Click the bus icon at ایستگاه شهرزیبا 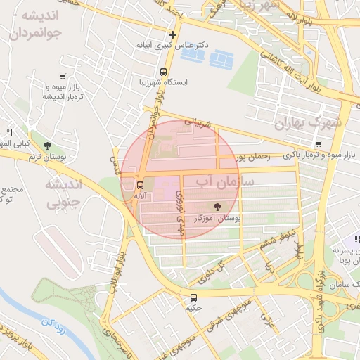[164, 72]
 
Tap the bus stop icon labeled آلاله [139, 185]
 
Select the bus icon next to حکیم [194, 297]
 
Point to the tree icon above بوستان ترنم [47, 146]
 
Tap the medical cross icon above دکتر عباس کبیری [172, 34]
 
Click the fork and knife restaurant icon [9, 131]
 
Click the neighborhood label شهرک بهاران [310, 123]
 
